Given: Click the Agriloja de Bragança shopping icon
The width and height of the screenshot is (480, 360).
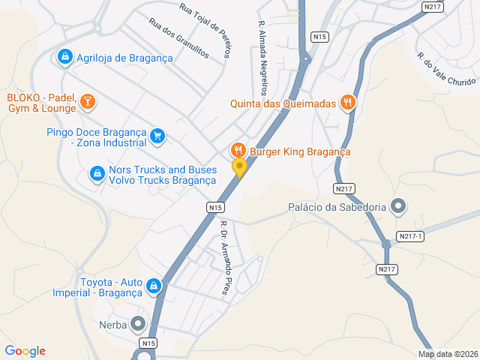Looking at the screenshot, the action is click(65, 57).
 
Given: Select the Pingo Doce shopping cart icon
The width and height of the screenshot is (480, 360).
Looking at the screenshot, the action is click(157, 136).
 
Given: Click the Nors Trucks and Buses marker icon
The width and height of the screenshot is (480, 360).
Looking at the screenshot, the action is click(97, 174).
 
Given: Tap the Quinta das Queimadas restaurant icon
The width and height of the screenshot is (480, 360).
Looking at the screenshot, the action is click(347, 103).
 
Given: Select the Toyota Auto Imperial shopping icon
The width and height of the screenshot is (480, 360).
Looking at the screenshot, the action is click(153, 286).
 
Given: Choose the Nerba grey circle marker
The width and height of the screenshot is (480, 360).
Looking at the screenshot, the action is click(138, 325).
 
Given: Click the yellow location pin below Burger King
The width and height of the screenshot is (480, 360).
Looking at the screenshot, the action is click(239, 168).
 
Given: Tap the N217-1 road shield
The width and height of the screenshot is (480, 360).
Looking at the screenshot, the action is click(411, 236).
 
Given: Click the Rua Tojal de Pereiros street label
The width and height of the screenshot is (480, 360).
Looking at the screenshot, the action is click(206, 28).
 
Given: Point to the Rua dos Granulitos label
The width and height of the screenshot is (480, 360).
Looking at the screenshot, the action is click(179, 38).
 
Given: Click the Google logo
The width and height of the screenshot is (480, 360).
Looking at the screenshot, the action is click(25, 351).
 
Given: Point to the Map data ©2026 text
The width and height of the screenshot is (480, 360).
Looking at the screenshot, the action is click(447, 355).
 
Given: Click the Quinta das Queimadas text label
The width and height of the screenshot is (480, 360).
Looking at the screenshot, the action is click(282, 104).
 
